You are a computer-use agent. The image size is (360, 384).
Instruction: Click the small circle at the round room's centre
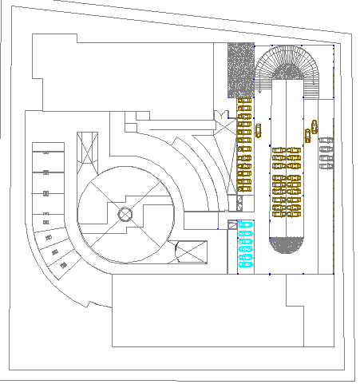click(125, 214)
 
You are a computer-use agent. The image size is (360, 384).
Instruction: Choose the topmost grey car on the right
click(326, 141)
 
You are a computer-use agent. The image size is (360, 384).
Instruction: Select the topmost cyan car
click(244, 224)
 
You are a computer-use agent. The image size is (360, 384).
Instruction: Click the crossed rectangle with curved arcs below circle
click(188, 253)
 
